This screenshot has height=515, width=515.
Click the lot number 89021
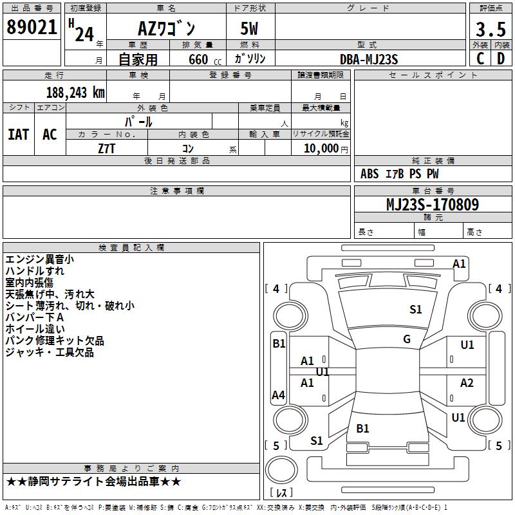tap(32, 28)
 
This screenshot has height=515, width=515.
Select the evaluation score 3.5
tap(490, 30)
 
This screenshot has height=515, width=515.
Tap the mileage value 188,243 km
tap(75, 92)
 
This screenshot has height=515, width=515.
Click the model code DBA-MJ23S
tap(369, 59)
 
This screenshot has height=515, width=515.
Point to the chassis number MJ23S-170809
tap(432, 205)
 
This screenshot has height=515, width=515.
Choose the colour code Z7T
tap(107, 147)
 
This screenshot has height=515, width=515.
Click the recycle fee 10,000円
tap(320, 148)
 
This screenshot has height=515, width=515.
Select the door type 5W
tap(250, 29)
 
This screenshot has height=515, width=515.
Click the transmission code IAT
tap(18, 135)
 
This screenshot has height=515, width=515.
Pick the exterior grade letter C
tap(480, 59)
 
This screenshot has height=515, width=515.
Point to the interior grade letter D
tap(501, 59)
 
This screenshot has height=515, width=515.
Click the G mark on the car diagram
tap(406, 339)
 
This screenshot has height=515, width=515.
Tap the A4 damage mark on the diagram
tap(278, 395)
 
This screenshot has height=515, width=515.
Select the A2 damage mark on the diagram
tap(467, 383)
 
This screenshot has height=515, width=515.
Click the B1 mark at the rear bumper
tap(362, 428)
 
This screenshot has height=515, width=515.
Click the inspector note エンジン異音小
tap(39, 259)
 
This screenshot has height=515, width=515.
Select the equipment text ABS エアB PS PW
tap(399, 174)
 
